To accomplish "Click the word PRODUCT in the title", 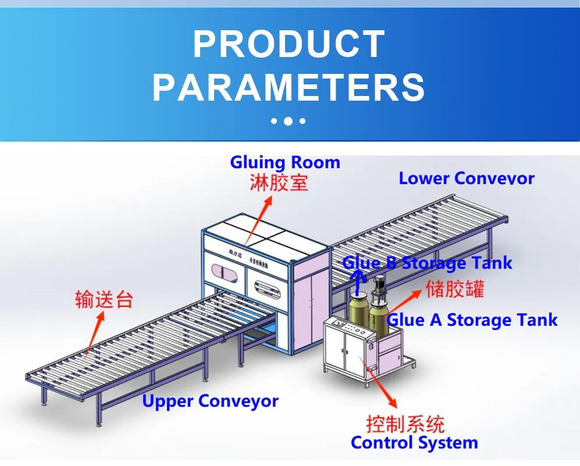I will tap(289, 44).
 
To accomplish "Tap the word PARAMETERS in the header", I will tap(289, 87).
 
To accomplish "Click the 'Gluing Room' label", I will tap(285, 162).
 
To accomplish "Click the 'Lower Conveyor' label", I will tap(466, 178).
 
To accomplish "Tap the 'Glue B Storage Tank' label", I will tap(427, 262).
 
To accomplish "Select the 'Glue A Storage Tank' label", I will tap(472, 319).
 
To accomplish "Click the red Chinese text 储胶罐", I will tap(455, 289).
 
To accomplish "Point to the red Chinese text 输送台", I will tap(104, 299).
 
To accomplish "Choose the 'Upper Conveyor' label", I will tap(210, 401).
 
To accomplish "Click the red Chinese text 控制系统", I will tap(405, 423).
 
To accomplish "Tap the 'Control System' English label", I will tap(414, 443).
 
